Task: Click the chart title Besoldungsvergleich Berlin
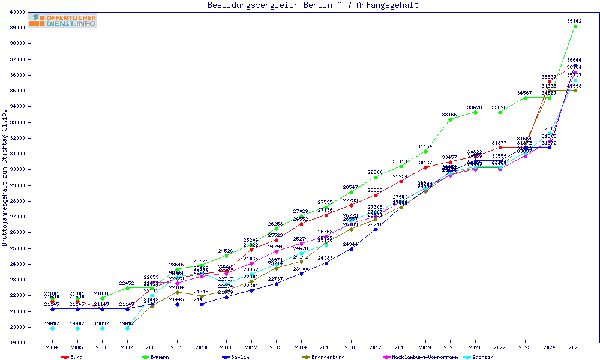coord(313,5)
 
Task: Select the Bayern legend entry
coord(160,357)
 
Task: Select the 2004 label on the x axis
coord(52,347)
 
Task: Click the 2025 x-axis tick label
coord(575,347)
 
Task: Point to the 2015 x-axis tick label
coord(326,347)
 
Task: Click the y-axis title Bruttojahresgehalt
coord(5,178)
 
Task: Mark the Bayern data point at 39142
coord(575,26)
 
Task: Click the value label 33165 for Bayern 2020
coord(449,114)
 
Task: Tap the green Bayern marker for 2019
coord(425,151)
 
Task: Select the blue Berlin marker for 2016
coord(351,249)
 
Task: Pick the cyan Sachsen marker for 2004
coord(53,328)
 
